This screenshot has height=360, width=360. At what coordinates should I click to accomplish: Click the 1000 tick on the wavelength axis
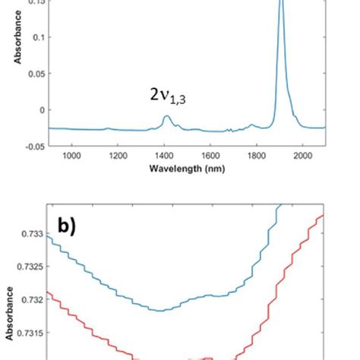71,156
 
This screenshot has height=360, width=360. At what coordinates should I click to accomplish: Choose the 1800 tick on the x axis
256,156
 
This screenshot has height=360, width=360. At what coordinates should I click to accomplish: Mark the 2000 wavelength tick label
302,156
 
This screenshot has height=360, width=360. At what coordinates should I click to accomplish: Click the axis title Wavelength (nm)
187,168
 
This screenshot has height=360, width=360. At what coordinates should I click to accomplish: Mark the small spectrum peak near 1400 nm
166,116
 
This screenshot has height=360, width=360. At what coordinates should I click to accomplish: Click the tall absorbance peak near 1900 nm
281,8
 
